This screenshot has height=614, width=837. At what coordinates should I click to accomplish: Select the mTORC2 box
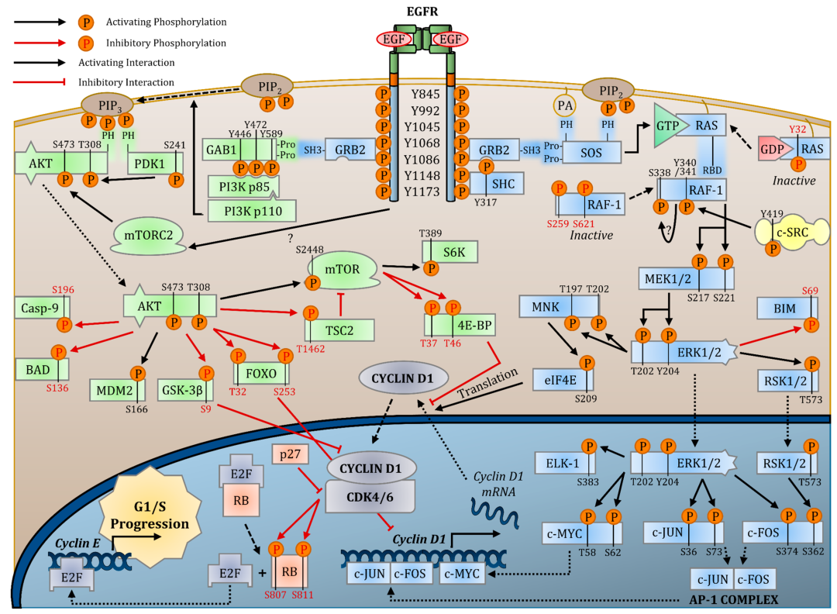coord(149,233)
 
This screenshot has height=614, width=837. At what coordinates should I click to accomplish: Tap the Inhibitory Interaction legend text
coord(126,81)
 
